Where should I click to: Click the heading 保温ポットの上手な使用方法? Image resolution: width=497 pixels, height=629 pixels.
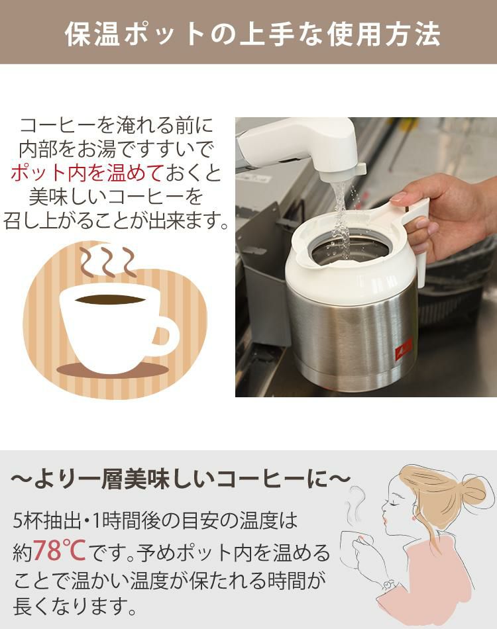(x=252, y=34)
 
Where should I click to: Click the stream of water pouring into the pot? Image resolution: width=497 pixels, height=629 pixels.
(x=341, y=212)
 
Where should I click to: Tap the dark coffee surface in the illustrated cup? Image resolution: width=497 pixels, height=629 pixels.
(x=109, y=299)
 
